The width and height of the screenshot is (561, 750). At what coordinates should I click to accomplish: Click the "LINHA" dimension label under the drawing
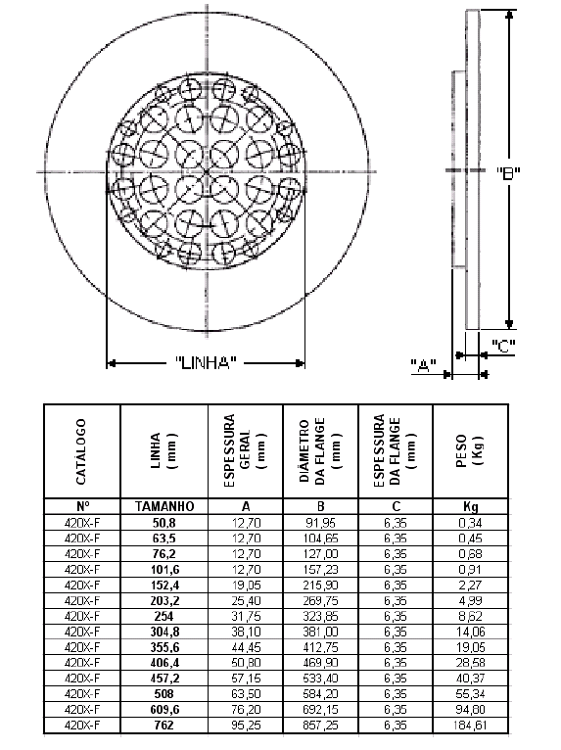[206, 362]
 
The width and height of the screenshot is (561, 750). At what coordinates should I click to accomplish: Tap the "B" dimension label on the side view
[508, 172]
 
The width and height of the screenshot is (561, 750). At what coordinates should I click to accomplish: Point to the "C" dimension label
[503, 346]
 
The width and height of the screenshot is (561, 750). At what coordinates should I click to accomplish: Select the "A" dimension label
[424, 366]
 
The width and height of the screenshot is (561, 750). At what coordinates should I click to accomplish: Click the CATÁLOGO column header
[81, 451]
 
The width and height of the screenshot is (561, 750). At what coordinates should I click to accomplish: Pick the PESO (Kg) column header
[469, 451]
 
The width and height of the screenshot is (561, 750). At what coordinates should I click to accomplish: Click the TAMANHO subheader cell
[164, 506]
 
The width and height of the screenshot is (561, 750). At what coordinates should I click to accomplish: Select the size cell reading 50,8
[164, 523]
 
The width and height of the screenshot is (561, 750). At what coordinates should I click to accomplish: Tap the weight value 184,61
[470, 726]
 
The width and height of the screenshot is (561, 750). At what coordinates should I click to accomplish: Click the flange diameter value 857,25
[320, 726]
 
